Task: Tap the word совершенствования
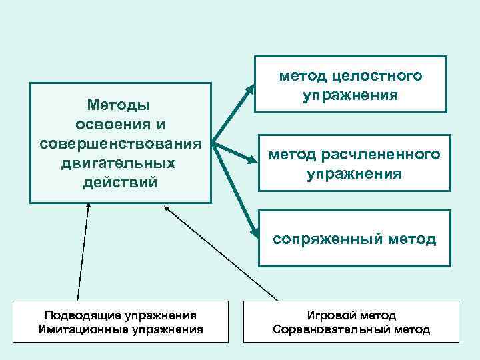pos(121,143)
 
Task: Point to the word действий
pos(121,181)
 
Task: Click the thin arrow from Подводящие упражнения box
pos(83,253)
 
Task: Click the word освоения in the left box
pos(121,125)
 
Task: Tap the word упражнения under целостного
pos(351,96)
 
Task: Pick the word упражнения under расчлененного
pos(354,174)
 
